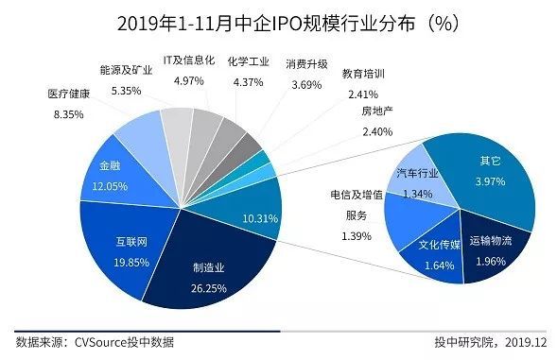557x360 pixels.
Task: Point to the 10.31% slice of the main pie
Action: tap(252, 213)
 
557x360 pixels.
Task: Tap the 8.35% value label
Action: tap(66, 113)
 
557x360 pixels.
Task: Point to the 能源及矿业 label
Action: tap(126, 70)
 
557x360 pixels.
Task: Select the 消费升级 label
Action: tap(306, 64)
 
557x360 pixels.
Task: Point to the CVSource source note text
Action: tap(95, 342)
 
